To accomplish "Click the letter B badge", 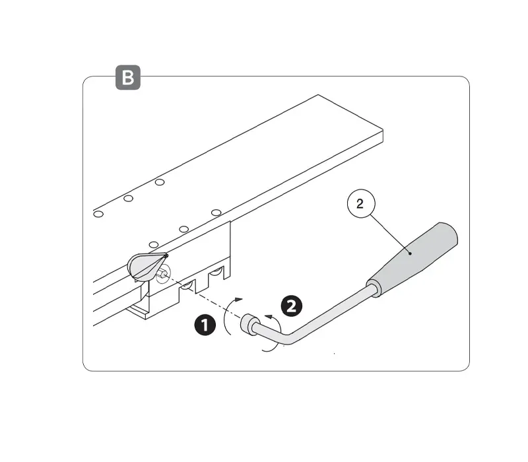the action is [x=128, y=77].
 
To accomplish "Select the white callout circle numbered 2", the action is [x=361, y=203].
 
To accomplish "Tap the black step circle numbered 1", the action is [x=205, y=325].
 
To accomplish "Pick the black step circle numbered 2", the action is [x=292, y=306].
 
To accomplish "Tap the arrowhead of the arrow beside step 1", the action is [x=239, y=299].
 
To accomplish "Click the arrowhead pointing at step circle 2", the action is [x=269, y=316].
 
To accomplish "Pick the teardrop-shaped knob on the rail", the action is [x=147, y=266].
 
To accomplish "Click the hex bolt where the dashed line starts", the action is [x=162, y=273].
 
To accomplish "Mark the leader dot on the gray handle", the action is [x=410, y=253].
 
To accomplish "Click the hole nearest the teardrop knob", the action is [x=154, y=244].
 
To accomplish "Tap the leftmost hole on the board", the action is [x=98, y=214].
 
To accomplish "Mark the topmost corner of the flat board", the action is [x=318, y=95].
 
